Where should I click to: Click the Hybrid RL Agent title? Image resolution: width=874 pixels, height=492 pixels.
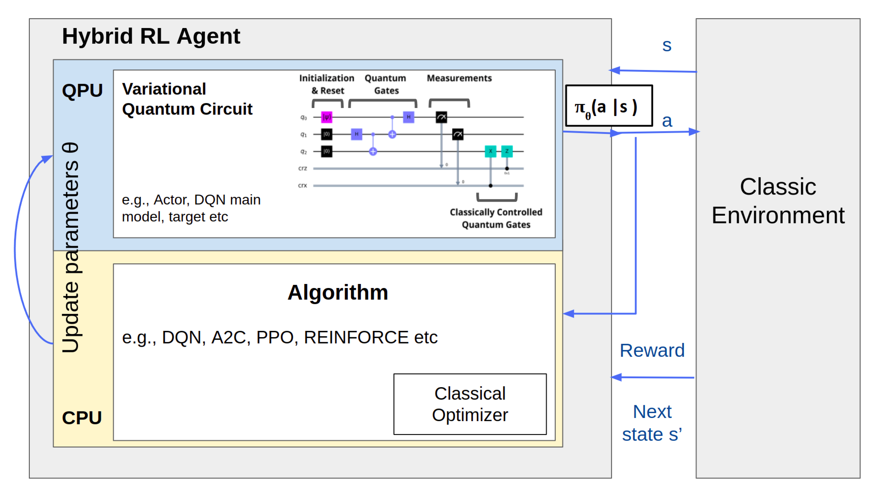pos(151,36)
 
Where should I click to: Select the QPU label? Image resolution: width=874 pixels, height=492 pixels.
pos(82,91)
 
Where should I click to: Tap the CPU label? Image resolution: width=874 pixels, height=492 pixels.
pos(82,418)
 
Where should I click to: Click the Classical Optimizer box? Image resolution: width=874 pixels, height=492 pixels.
pos(470,404)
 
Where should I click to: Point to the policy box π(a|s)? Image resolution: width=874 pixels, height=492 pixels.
pos(609,106)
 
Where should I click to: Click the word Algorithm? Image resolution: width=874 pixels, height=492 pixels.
pos(338,292)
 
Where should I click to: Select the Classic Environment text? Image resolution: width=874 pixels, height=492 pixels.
pos(778,201)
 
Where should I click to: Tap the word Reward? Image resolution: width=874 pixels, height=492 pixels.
pos(652,350)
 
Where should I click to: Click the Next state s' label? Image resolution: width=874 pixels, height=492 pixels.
pos(652,423)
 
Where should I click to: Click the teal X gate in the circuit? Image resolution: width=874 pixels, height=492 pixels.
pos(490,151)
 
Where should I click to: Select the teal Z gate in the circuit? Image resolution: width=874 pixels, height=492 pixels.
pos(507,151)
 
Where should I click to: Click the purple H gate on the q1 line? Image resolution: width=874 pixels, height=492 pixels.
pos(356,134)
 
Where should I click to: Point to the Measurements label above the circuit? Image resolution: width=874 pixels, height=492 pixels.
pos(459,78)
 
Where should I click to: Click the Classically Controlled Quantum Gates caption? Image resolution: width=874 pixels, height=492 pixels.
pos(496,218)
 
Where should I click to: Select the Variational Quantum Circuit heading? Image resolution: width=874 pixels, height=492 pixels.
pos(187,99)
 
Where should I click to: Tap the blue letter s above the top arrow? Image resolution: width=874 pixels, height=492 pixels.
pos(667,45)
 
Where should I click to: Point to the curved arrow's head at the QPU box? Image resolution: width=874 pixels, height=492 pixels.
pos(47,158)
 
